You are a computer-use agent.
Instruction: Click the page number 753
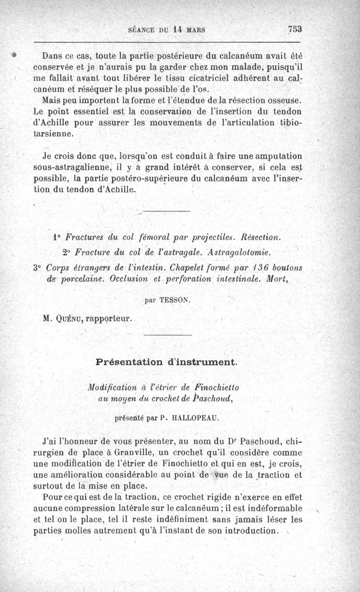[x=294, y=29]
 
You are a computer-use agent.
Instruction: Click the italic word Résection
[x=261, y=237]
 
